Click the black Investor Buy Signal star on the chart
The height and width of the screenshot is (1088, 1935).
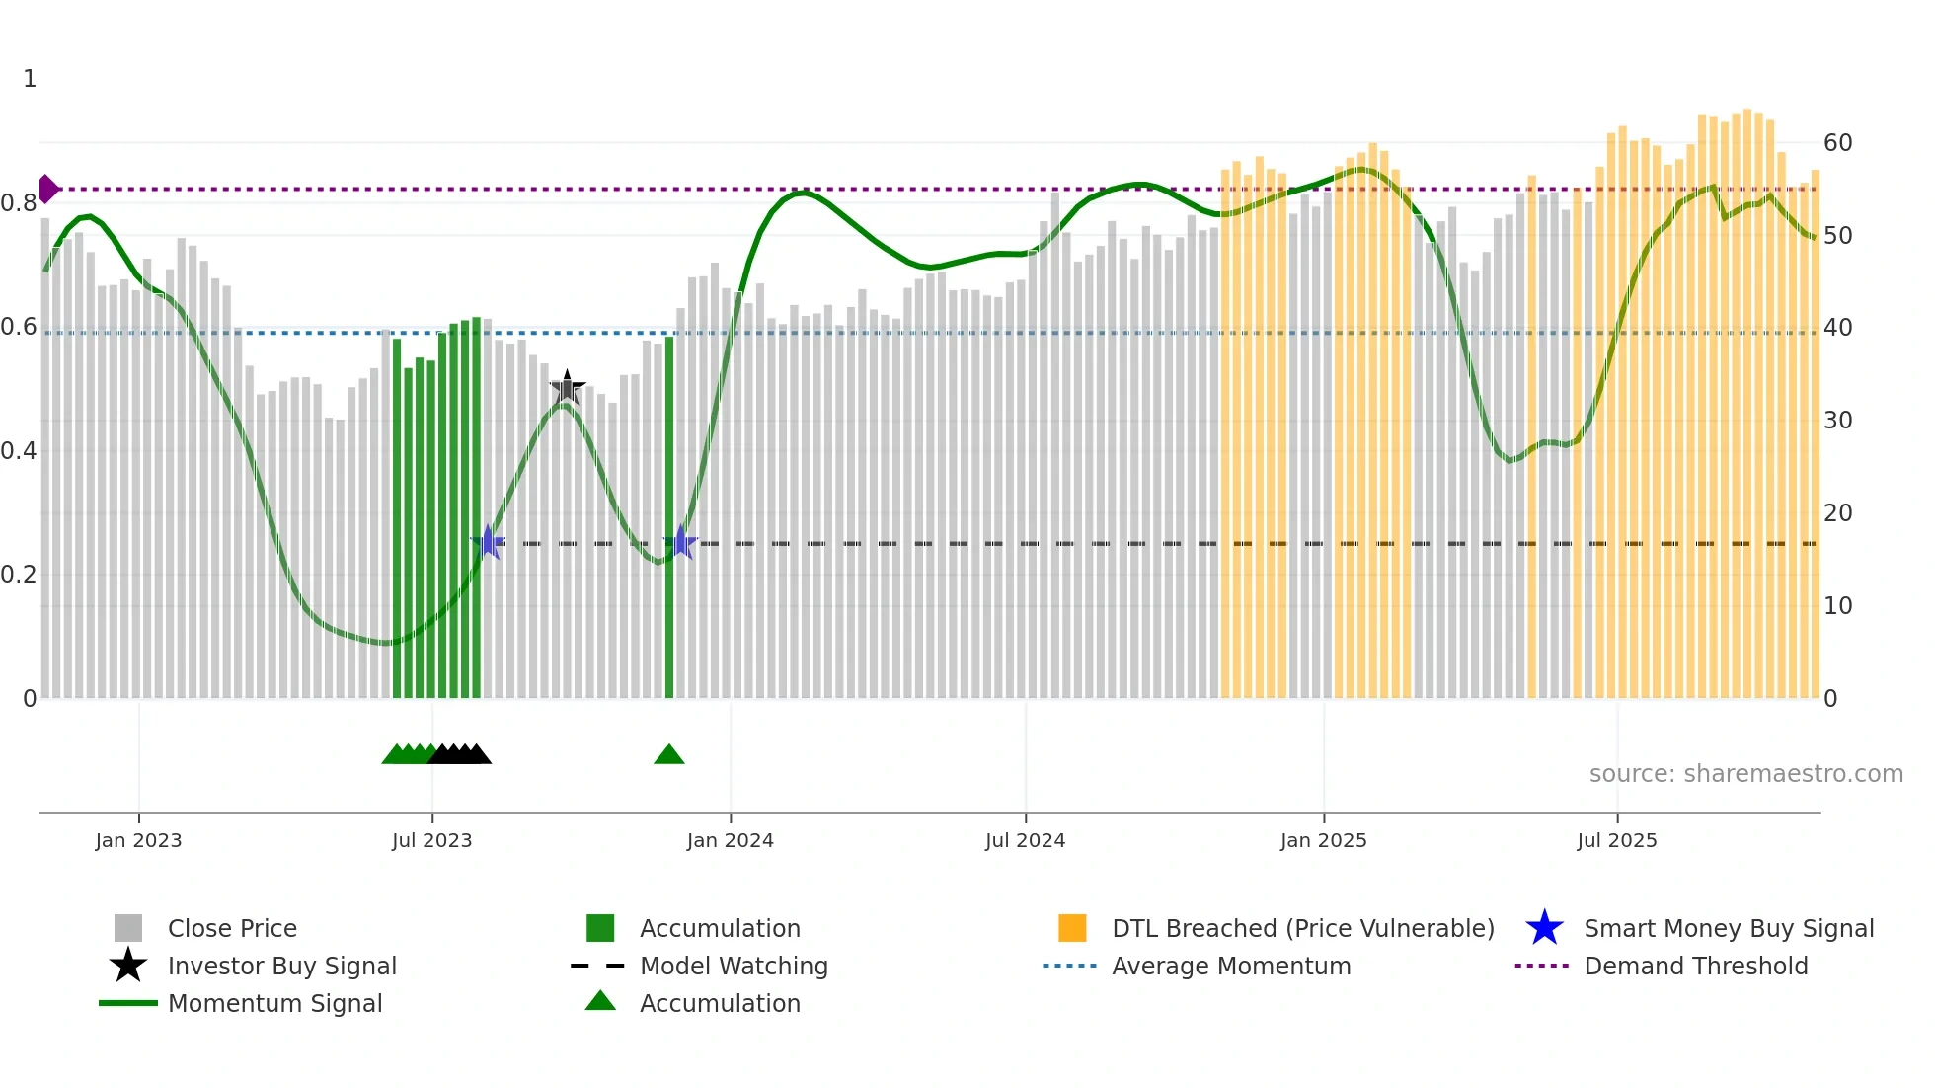(567, 387)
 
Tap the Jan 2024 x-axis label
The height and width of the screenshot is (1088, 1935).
(730, 840)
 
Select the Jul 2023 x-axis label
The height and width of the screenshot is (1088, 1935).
(431, 840)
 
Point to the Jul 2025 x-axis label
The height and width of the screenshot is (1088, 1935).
(1616, 840)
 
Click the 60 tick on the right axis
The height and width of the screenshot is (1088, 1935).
(1837, 143)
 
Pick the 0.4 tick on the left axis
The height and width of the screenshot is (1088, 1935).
(20, 451)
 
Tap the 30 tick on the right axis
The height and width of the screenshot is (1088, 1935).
(1837, 421)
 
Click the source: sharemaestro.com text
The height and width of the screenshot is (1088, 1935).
(1745, 774)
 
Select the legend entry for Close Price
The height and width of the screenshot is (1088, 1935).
(232, 928)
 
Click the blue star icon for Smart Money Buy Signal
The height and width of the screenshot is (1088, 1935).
(1544, 928)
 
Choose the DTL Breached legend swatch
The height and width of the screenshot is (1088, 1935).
(1072, 928)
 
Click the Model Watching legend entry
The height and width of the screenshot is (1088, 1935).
(733, 966)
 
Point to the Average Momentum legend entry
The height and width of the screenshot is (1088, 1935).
(1230, 966)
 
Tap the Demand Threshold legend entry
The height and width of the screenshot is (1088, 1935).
(1695, 966)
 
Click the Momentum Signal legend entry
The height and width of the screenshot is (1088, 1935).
(274, 1003)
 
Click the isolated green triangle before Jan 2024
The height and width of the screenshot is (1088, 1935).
(669, 755)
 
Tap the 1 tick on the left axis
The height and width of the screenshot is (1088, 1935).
(30, 79)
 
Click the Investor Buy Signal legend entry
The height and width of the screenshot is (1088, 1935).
(281, 966)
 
